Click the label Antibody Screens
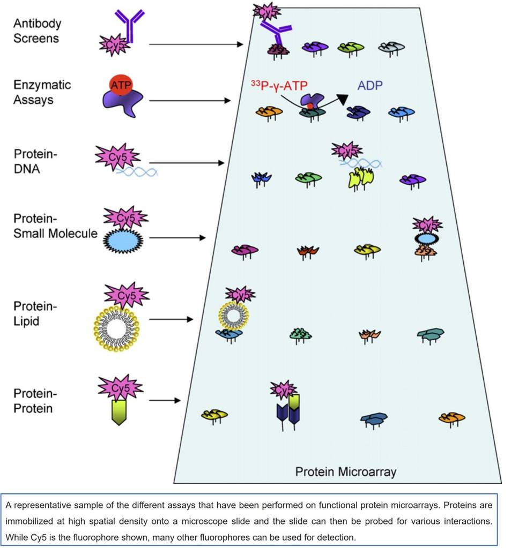tap(37, 31)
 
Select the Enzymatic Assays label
tap(42, 92)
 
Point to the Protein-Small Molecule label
tap(55, 226)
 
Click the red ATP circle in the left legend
tap(121, 85)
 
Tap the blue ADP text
tap(371, 86)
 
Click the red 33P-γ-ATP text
tap(280, 86)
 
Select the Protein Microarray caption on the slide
tap(346, 472)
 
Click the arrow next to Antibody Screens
tap(196, 44)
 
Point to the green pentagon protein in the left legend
tap(119, 411)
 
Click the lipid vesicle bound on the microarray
tap(232, 316)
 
